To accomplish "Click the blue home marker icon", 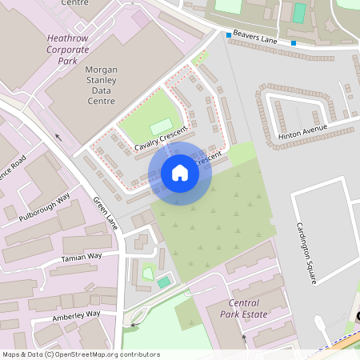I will (180, 173).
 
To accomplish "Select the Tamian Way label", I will (82, 258).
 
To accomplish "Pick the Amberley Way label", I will (78, 314).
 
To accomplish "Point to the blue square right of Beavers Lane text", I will (294, 43).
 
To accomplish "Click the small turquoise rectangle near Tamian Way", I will (163, 282).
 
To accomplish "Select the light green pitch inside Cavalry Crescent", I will (161, 126).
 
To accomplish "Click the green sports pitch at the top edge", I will (300, 12).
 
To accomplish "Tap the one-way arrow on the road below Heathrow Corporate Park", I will (58, 137).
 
